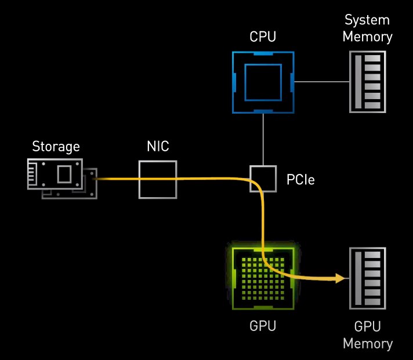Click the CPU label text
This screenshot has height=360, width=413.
pyautogui.click(x=263, y=37)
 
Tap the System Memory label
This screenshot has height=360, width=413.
pyautogui.click(x=367, y=28)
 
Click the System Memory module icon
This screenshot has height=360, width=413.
pyautogui.click(x=367, y=82)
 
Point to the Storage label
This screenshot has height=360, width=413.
pyautogui.click(x=56, y=146)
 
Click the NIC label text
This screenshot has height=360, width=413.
pyautogui.click(x=158, y=146)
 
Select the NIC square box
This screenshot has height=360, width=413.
pyautogui.click(x=158, y=179)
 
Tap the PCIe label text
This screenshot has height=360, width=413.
pyautogui.click(x=300, y=180)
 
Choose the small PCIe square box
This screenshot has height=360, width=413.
pyautogui.click(x=263, y=179)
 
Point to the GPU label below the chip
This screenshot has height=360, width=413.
pyautogui.click(x=263, y=326)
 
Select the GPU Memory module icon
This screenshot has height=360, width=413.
pyautogui.click(x=367, y=278)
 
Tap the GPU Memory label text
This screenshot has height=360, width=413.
pyautogui.click(x=367, y=334)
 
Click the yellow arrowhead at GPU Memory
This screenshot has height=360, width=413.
pyautogui.click(x=339, y=279)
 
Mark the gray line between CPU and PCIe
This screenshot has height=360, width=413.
pyautogui.click(x=263, y=139)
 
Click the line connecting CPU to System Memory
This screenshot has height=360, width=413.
pyautogui.click(x=321, y=82)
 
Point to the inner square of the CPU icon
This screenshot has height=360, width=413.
pyautogui.click(x=263, y=82)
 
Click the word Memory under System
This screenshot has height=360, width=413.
pyautogui.click(x=367, y=37)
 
